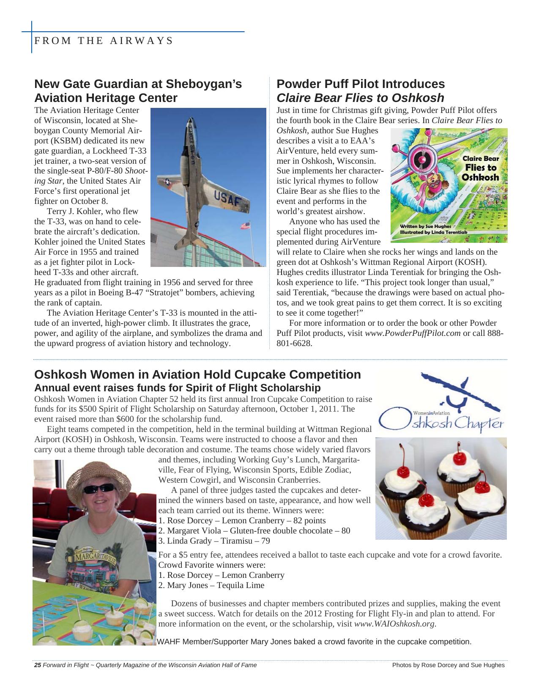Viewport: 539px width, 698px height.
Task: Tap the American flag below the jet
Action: click(245, 225)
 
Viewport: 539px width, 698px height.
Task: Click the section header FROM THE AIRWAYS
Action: click(104, 41)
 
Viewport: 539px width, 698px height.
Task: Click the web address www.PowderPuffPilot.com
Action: click(413, 333)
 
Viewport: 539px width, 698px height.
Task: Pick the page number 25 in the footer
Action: click(37, 665)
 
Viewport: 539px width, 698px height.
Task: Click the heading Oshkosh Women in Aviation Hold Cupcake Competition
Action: click(197, 374)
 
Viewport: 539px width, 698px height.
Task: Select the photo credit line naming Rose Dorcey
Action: click(448, 665)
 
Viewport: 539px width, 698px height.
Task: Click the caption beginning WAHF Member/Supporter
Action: click(314, 642)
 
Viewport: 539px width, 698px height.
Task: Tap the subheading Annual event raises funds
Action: click(177, 387)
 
